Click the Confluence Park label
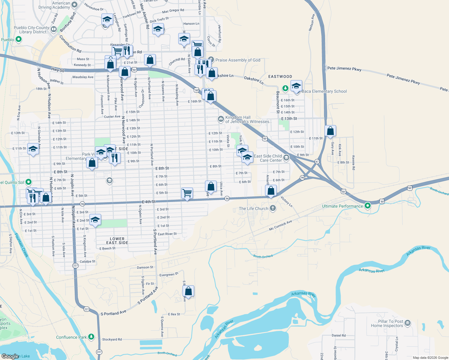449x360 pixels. (71, 337)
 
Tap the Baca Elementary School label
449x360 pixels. (324, 91)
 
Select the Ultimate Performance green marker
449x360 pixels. (368, 206)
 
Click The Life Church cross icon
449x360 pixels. (273, 208)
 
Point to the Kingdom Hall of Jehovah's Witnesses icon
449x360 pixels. (221, 119)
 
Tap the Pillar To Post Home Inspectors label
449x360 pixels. (387, 323)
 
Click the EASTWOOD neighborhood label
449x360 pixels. (280, 76)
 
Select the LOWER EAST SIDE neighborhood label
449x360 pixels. (117, 241)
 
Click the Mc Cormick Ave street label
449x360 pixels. (280, 225)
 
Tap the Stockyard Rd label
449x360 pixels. (112, 339)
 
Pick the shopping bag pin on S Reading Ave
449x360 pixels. (188, 291)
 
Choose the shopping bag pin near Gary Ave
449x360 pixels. (330, 131)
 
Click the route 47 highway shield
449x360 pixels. (317, 161)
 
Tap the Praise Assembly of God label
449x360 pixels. (238, 60)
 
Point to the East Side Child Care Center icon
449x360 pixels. (286, 158)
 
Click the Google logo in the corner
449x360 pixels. (10, 356)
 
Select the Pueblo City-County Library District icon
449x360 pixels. (54, 29)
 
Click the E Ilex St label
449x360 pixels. (174, 314)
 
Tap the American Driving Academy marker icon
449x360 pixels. (74, 5)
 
